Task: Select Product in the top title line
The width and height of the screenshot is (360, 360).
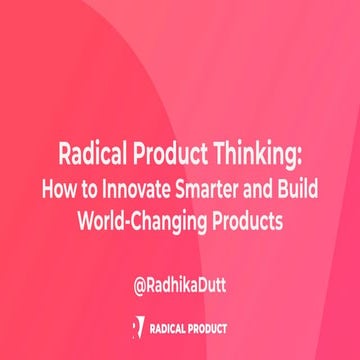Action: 173,156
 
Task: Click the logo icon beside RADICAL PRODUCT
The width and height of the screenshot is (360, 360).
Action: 137,327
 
